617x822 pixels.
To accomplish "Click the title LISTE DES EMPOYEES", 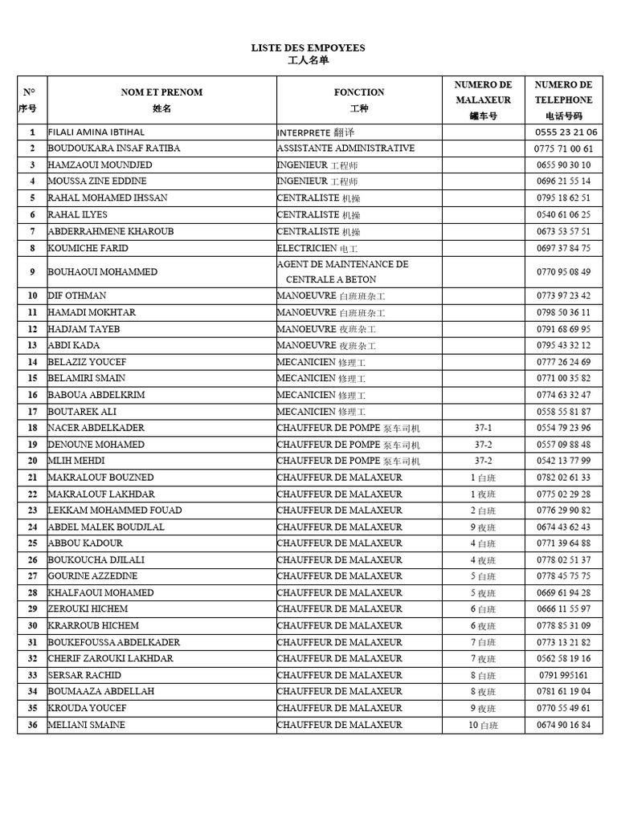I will tap(308, 48).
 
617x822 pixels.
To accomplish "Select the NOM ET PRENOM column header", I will tap(161, 92).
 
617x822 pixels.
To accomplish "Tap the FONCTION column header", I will tap(359, 92).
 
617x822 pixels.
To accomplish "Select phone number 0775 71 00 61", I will tap(563, 149).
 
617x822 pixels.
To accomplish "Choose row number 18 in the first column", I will tap(32, 428).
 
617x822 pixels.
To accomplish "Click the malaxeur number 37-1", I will tap(483, 428).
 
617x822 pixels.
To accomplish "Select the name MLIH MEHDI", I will tap(76, 461).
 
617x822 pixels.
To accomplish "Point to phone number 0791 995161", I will tap(563, 675).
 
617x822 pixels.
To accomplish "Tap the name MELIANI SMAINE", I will tap(87, 725).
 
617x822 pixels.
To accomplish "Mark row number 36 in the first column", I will tap(32, 725).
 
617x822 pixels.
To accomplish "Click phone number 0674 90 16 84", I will tap(563, 725).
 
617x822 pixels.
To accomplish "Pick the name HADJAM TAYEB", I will tap(84, 329).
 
